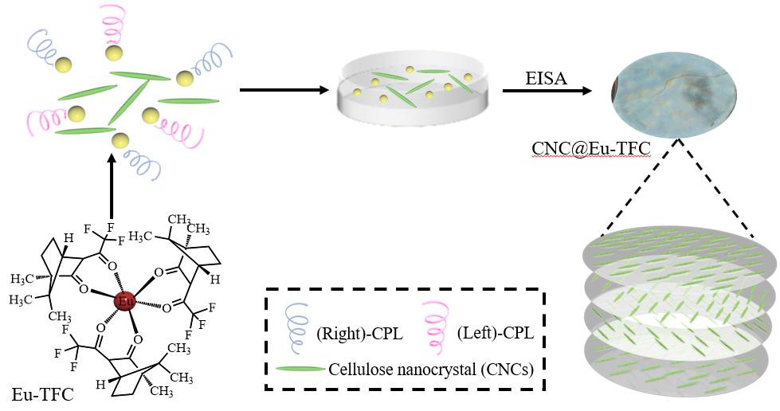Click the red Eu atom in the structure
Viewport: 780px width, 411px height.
pos(124,301)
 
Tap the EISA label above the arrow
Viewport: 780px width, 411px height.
pos(546,78)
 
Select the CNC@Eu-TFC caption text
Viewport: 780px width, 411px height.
pos(591,149)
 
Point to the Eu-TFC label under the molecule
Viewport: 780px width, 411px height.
pos(42,394)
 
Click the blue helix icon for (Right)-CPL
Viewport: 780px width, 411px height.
pos(293,323)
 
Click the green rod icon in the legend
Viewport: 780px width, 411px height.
pos(300,370)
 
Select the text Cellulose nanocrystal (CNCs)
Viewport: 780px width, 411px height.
pos(431,370)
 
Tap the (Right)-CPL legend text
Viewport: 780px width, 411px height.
pos(359,334)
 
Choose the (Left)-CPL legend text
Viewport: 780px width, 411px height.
pos(496,333)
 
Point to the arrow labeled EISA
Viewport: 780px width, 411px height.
pos(547,91)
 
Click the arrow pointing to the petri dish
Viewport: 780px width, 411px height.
pos(284,90)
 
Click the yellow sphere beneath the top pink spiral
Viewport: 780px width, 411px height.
pos(114,53)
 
